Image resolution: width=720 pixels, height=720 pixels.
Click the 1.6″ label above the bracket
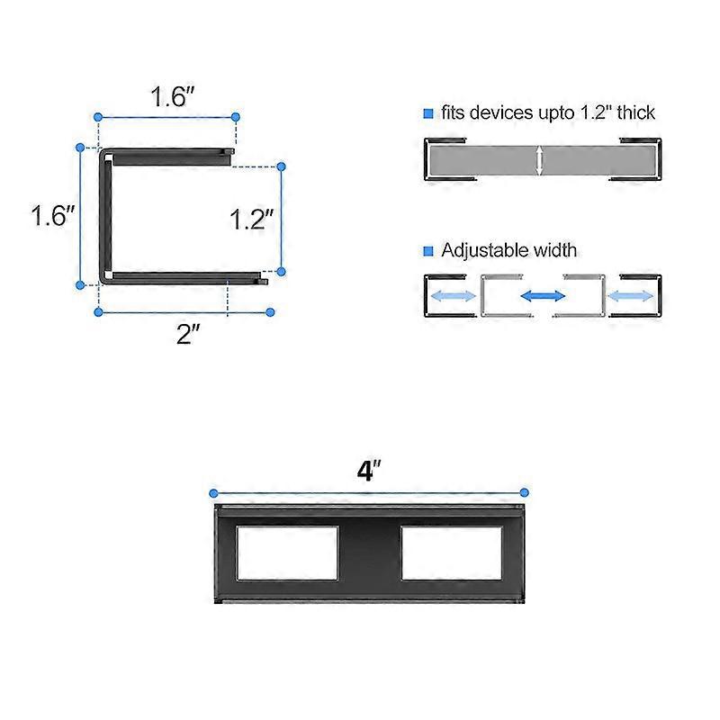[x=167, y=97]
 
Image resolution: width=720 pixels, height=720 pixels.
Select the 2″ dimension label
[x=187, y=335]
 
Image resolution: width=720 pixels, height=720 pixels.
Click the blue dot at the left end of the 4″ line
[x=214, y=492]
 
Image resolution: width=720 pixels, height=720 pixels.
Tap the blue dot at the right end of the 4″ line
[x=525, y=492]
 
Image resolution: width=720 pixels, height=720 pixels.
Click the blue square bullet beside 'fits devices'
[x=428, y=113]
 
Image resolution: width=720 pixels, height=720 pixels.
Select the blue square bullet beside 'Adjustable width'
[x=428, y=251]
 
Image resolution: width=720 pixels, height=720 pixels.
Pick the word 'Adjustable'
[x=482, y=251]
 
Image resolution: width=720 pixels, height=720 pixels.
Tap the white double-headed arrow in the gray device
[x=539, y=161]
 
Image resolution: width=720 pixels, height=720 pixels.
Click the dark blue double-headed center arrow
[x=542, y=295]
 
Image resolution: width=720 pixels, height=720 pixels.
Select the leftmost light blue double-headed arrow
[x=453, y=295]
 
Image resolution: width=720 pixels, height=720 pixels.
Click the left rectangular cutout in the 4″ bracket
[x=287, y=553]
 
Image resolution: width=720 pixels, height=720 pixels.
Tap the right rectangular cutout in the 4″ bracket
[x=451, y=553]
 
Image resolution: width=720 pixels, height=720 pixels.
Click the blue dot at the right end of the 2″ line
[x=271, y=312]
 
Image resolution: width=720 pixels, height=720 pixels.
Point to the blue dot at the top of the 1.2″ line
[x=281, y=166]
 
